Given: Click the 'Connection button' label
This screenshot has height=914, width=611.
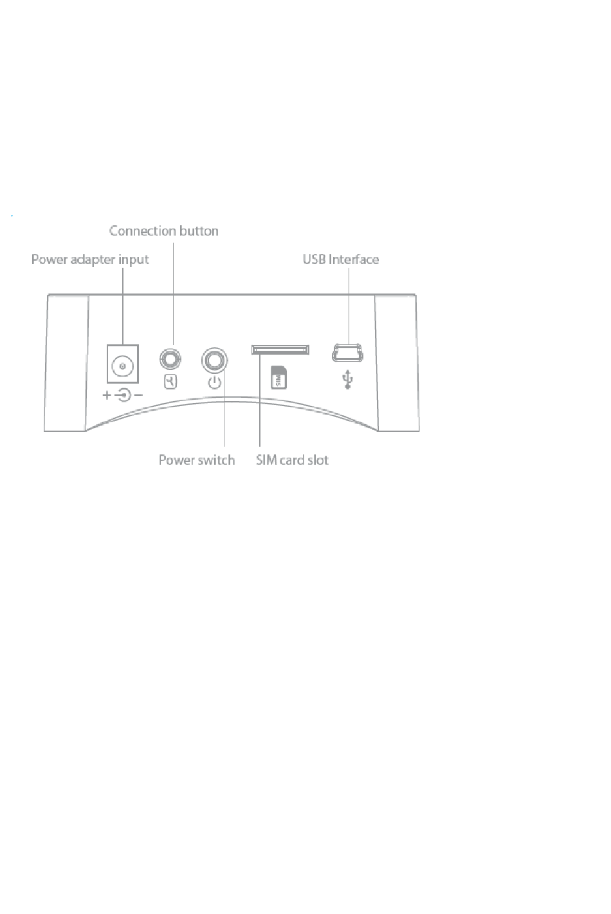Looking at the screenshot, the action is [x=164, y=231].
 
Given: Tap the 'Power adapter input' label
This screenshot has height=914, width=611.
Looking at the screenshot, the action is [x=90, y=259].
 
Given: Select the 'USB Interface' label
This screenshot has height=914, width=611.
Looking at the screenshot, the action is [x=341, y=259].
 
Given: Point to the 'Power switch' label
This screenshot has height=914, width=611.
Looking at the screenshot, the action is [x=197, y=460].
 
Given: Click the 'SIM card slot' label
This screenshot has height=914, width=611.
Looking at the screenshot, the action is [x=292, y=460].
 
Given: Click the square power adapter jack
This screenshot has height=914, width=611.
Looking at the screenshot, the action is [x=123, y=364].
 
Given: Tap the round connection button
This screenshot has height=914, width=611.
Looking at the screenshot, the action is [x=170, y=359].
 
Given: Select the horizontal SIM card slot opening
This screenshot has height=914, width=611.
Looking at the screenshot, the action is [x=280, y=350].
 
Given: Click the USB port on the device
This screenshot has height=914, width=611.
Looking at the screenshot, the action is [x=347, y=353].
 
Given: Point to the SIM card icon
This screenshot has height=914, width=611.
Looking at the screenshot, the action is [x=278, y=377].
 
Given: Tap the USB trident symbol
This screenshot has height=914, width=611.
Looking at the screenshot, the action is [x=347, y=380].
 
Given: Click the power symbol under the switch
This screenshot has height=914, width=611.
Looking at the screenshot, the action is [x=214, y=383].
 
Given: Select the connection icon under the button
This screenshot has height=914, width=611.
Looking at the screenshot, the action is [x=170, y=382].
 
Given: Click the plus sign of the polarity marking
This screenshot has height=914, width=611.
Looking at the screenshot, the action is [x=107, y=395].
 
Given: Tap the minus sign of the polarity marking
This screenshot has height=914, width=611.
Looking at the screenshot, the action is [x=138, y=395].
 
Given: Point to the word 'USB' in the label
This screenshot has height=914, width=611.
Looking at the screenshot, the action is [x=314, y=259].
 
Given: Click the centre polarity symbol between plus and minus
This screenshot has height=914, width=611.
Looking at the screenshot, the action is [x=123, y=395].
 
